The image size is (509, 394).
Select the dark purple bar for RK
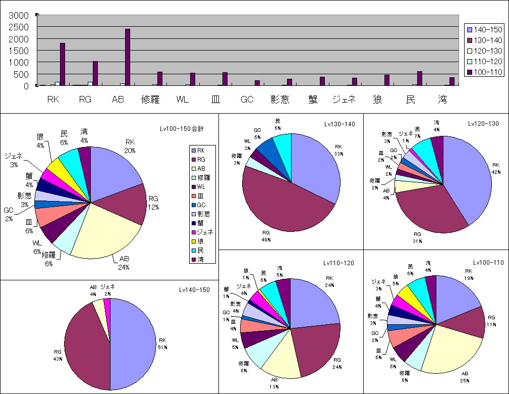tap(63, 64)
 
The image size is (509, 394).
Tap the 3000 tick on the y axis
tap(21, 15)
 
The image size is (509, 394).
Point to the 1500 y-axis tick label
tap(21, 51)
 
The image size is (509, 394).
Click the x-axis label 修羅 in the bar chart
tap(150, 100)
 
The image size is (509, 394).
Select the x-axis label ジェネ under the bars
tap(345, 100)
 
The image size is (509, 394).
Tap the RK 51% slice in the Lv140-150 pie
tap(134, 343)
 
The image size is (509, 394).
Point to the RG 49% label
tap(266, 235)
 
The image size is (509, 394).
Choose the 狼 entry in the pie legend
tap(201, 241)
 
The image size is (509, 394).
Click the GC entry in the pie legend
tap(201, 205)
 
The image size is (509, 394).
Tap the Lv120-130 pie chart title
tap(483, 123)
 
